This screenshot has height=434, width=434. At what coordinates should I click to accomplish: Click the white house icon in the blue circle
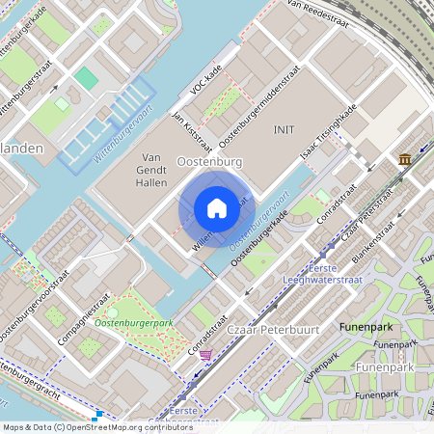pyautogui.click(x=217, y=208)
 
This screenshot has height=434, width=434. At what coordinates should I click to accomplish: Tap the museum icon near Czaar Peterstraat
pyautogui.click(x=403, y=158)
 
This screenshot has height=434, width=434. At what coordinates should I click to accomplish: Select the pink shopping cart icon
pyautogui.click(x=204, y=355)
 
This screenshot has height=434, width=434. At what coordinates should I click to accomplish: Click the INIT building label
pyautogui.click(x=284, y=129)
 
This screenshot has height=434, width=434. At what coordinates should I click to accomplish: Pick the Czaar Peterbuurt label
pyautogui.click(x=266, y=331)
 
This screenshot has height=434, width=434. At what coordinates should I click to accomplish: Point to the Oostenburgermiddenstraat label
pyautogui.click(x=260, y=107)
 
